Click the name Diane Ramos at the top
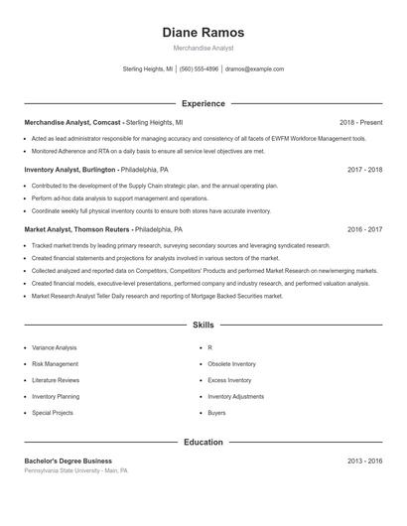[203, 32]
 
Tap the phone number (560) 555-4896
[199, 69]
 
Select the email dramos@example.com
[254, 69]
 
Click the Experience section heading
[203, 103]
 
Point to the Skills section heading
[203, 325]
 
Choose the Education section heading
[203, 442]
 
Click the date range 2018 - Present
[360, 122]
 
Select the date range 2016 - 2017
[365, 228]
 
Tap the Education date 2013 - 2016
[365, 460]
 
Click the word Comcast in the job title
[106, 122]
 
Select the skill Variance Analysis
[54, 348]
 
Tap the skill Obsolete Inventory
[231, 364]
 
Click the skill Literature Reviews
[56, 380]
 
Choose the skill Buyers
[216, 412]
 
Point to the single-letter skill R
[209, 348]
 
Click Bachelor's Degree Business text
[68, 460]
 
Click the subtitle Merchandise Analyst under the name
[203, 49]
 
